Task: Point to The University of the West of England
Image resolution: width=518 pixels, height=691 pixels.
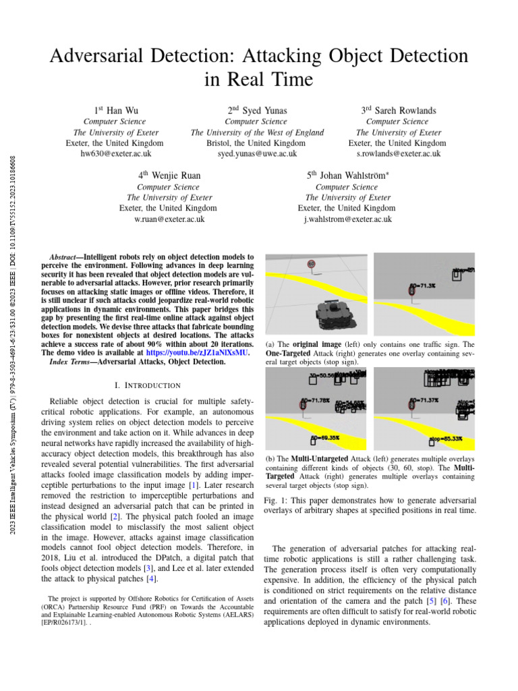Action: pyautogui.click(x=257, y=133)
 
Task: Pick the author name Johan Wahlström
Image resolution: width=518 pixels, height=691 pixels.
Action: pyautogui.click(x=353, y=175)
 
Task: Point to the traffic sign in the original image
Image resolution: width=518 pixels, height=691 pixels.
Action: pyautogui.click(x=311, y=265)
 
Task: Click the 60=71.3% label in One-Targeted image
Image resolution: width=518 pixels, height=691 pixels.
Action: pyautogui.click(x=423, y=285)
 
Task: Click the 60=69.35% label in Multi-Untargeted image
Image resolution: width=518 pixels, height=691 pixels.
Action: pyautogui.click(x=324, y=438)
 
